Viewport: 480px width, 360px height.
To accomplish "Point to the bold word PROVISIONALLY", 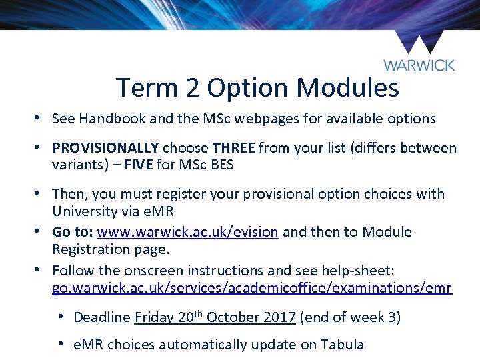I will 105,148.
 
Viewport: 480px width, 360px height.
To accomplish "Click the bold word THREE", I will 233,148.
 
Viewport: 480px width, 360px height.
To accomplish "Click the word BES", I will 220,165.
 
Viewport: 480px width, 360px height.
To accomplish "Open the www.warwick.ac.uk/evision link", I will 187,233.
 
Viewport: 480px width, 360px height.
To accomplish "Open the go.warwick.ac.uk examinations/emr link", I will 252,289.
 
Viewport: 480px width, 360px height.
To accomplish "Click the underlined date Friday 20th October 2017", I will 215,317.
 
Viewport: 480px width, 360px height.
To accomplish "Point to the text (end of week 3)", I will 350,317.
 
